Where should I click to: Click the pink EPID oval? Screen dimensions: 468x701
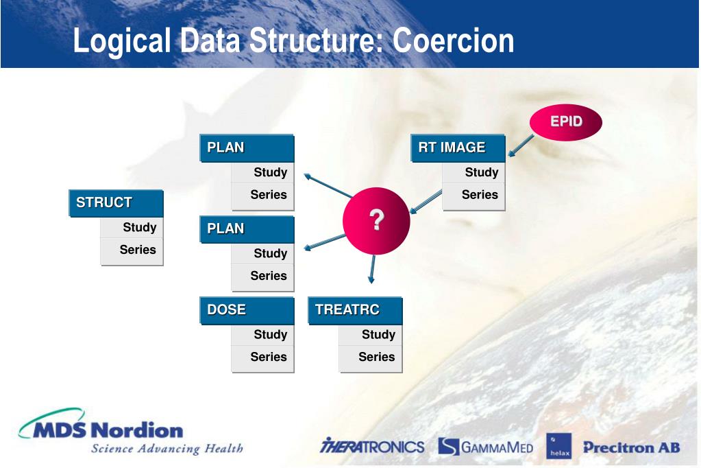[x=566, y=122]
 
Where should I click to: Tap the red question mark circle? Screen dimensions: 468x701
[x=376, y=221]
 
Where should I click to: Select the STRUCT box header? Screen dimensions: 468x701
[x=116, y=203]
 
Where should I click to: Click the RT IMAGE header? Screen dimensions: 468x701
[x=458, y=148]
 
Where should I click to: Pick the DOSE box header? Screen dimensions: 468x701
[x=247, y=309]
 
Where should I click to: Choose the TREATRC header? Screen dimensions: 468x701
[x=355, y=309]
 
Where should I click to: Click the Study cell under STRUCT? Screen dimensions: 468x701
[x=132, y=227]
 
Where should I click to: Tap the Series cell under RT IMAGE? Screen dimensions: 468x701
[x=474, y=195]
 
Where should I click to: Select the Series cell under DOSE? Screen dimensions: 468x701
[x=263, y=357]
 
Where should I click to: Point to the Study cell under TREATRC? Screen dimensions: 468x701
[x=371, y=335]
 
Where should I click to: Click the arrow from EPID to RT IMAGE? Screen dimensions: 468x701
[x=521, y=146]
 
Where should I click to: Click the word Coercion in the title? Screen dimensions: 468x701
[x=454, y=40]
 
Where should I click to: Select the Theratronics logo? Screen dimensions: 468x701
[x=372, y=447]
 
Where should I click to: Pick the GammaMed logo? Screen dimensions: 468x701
[x=485, y=447]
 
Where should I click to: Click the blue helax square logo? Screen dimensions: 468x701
[x=558, y=446]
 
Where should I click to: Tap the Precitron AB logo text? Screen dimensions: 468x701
[x=631, y=447]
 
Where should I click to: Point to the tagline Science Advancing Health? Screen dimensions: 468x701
[x=167, y=449]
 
